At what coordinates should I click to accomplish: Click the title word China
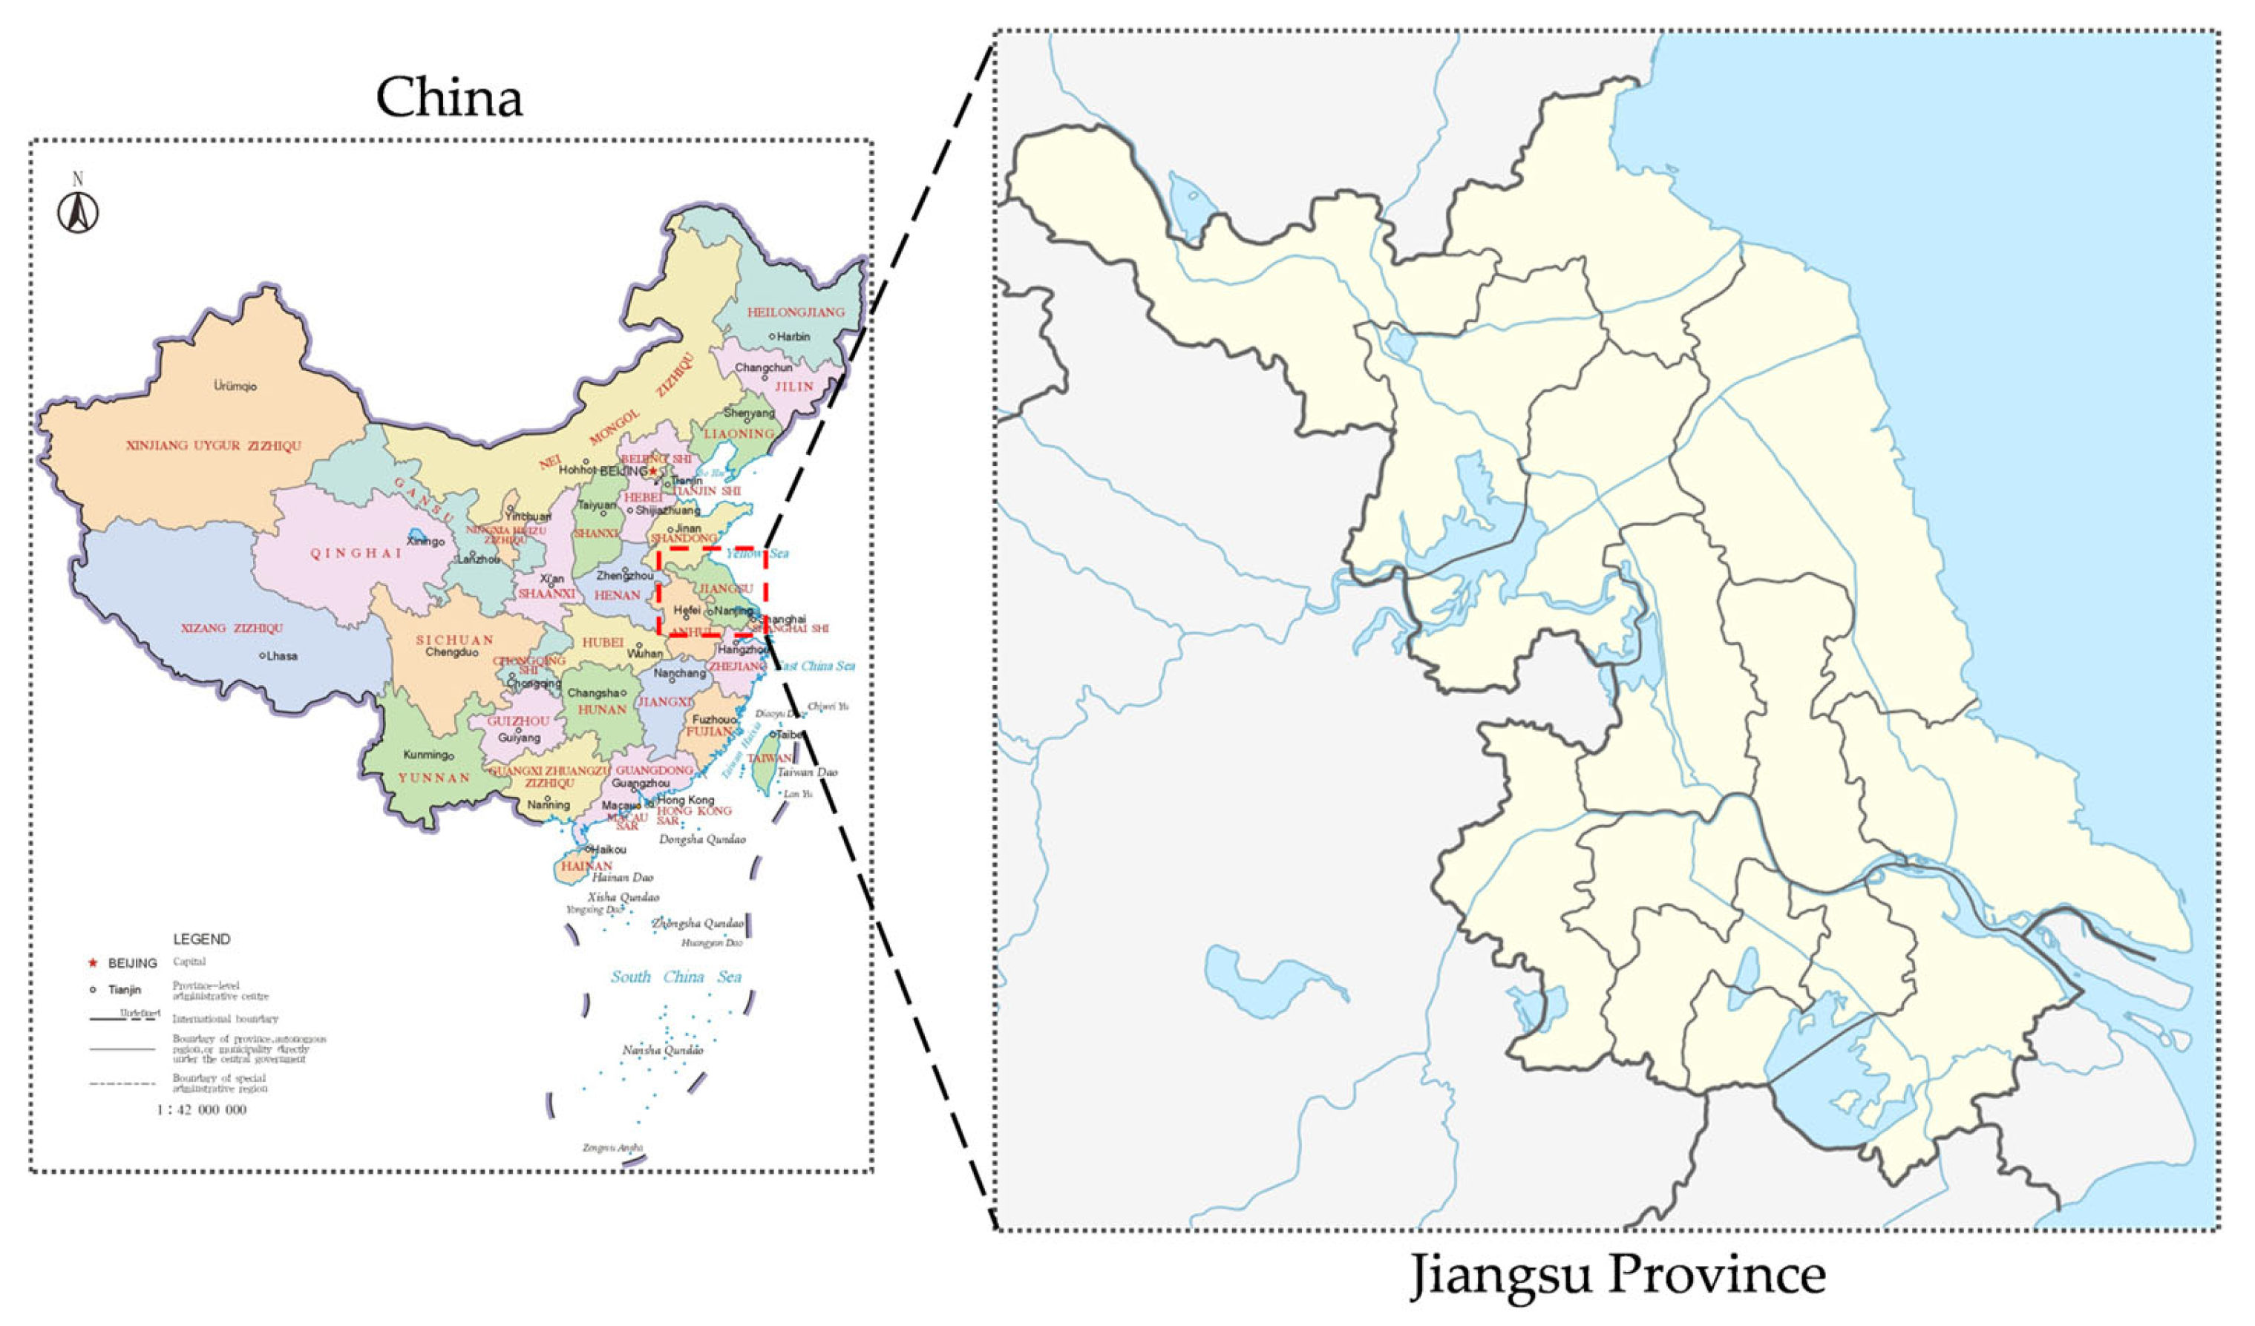click(448, 96)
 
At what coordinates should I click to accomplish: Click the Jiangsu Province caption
click(1618, 1274)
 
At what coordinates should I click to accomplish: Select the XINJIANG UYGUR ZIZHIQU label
click(214, 445)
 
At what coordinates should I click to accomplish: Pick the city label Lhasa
click(281, 656)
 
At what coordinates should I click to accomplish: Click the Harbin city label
click(793, 336)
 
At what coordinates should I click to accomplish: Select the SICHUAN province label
click(454, 640)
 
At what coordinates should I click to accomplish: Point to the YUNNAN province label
click(434, 778)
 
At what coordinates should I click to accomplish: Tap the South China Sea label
click(675, 977)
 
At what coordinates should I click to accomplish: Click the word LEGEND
click(201, 939)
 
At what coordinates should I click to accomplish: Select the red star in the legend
click(91, 962)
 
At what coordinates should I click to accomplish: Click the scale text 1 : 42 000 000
click(201, 1109)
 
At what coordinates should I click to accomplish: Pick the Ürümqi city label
click(235, 387)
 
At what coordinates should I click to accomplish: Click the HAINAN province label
click(587, 866)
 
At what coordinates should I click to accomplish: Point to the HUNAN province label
click(602, 709)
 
